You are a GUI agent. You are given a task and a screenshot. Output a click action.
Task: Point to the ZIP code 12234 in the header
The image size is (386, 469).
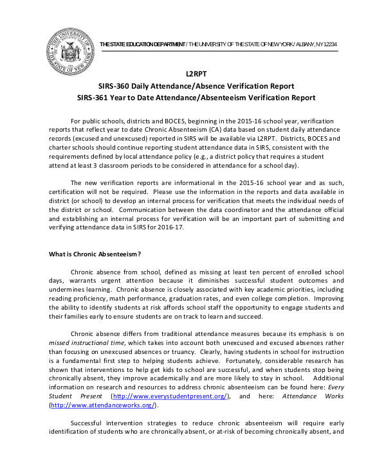click(x=328, y=44)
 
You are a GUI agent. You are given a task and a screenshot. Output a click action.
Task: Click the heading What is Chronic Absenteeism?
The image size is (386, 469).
click(x=96, y=254)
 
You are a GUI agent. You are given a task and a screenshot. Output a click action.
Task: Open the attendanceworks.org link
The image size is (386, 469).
click(x=103, y=405)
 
